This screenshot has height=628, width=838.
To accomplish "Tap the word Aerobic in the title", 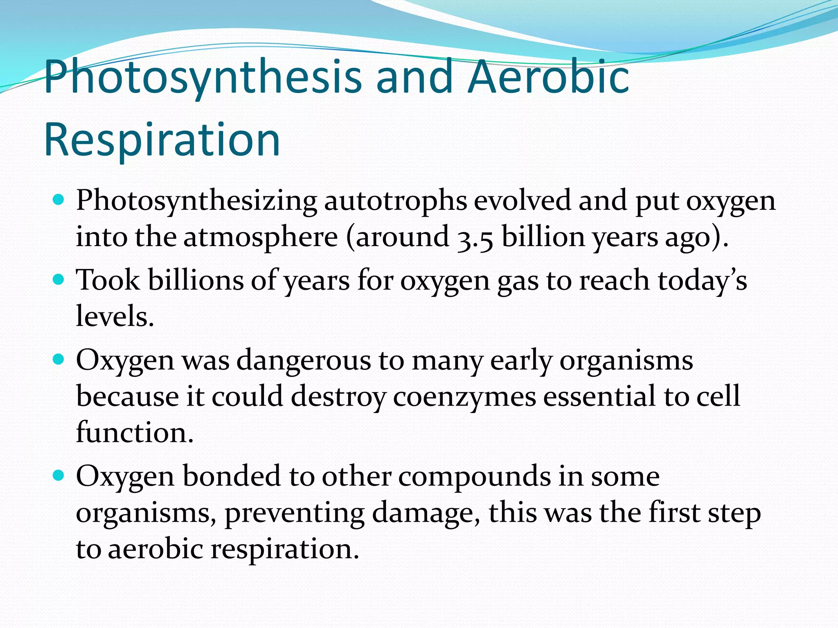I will click(x=548, y=76).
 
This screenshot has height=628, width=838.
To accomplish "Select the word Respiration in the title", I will click(x=162, y=140).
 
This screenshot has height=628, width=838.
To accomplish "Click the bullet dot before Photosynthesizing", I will click(x=59, y=200).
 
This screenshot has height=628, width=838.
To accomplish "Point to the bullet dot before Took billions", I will click(x=59, y=280).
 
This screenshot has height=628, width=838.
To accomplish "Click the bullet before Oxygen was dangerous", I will click(x=59, y=360).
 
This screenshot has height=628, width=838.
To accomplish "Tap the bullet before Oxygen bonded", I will click(x=59, y=475).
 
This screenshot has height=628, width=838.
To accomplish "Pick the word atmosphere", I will click(x=260, y=237).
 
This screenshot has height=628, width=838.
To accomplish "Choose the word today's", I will click(x=702, y=280).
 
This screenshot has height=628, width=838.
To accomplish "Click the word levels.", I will click(x=115, y=316).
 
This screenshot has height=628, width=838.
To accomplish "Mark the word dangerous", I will click(x=304, y=361).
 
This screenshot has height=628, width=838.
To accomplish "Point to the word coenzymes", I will click(x=464, y=397).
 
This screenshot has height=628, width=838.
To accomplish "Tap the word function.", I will click(x=134, y=433).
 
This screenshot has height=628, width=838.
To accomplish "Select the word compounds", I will click(x=474, y=477).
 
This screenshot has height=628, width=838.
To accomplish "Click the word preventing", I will click(x=294, y=513).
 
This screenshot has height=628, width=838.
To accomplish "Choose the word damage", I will click(x=426, y=513).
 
